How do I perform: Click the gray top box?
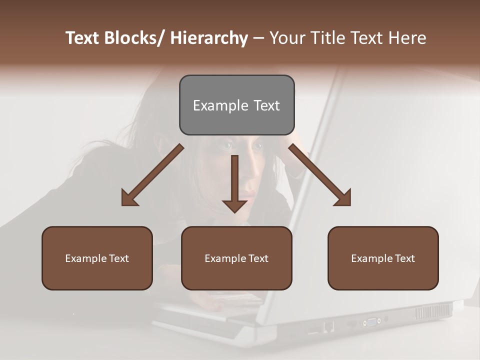(236, 105)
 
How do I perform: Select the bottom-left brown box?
(97, 258)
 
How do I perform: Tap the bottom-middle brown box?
(236, 258)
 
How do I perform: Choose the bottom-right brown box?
(383, 258)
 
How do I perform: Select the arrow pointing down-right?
(320, 175)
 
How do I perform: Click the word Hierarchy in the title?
(209, 38)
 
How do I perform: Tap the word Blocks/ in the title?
(134, 38)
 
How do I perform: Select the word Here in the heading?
(407, 38)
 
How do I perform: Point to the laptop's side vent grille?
(433, 312)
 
